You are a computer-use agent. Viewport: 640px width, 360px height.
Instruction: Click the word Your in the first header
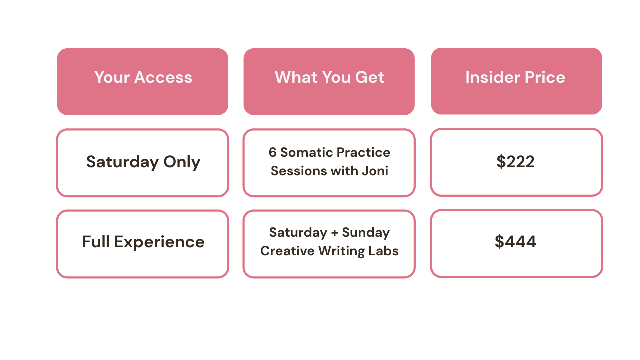pyautogui.click(x=112, y=77)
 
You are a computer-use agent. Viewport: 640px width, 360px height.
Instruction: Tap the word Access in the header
pyautogui.click(x=163, y=77)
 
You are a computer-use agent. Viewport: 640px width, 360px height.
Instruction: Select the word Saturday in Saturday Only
pyautogui.click(x=122, y=162)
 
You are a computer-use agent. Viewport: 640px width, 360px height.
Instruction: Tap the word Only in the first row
pyautogui.click(x=182, y=162)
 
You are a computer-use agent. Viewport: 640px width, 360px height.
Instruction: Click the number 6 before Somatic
pyautogui.click(x=273, y=152)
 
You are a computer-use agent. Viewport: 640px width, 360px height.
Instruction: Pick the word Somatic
pyautogui.click(x=305, y=152)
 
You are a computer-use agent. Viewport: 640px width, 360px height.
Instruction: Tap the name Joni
pyautogui.click(x=375, y=171)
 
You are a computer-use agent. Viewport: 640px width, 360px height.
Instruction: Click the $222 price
pyautogui.click(x=515, y=161)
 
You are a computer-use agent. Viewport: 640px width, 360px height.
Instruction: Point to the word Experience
pyautogui.click(x=159, y=242)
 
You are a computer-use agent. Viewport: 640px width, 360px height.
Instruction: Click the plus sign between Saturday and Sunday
pyautogui.click(x=335, y=233)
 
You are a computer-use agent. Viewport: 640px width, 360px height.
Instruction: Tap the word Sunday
pyautogui.click(x=366, y=233)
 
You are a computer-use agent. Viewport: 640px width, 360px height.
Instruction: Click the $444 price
pyautogui.click(x=515, y=241)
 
